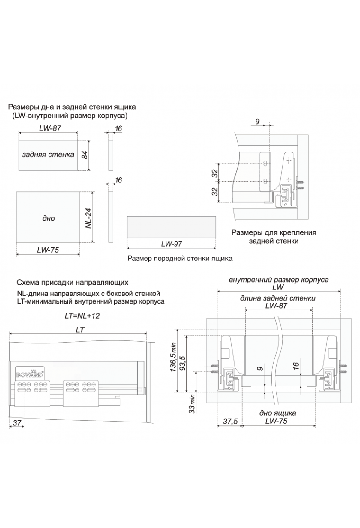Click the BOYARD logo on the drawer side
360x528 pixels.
(x=29, y=374)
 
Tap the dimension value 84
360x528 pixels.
(x=85, y=155)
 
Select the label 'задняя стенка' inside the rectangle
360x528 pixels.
(x=48, y=155)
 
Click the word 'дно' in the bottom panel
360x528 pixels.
(x=49, y=218)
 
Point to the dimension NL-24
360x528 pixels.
(x=88, y=218)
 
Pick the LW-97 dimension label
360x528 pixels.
(x=171, y=244)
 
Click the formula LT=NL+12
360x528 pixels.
(x=82, y=316)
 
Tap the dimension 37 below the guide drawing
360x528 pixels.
(x=17, y=422)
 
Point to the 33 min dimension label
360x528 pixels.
(x=192, y=403)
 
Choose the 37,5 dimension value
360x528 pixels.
(x=230, y=421)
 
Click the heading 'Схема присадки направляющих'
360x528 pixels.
(x=73, y=282)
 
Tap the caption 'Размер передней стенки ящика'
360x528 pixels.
(x=180, y=258)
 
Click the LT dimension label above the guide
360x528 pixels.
(x=80, y=330)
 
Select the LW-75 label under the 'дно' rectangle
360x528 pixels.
(x=48, y=250)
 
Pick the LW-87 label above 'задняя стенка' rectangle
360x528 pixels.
(x=50, y=128)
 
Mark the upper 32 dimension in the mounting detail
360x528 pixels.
(x=215, y=173)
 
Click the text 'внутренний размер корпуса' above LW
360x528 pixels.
(x=279, y=280)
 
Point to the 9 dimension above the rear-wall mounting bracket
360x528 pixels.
(x=257, y=121)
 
